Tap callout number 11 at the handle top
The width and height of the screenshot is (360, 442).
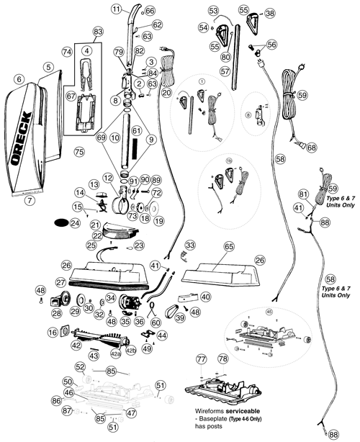click(117, 9)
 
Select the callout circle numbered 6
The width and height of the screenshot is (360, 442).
click(19, 78)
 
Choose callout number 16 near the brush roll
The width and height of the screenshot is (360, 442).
click(53, 332)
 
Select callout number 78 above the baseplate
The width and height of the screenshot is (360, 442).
click(222, 358)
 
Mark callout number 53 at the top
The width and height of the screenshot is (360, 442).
click(212, 12)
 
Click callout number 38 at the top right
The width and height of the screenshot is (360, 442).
click(269, 13)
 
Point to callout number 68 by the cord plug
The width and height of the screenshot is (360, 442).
click(311, 148)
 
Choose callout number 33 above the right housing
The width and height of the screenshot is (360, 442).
click(191, 245)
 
